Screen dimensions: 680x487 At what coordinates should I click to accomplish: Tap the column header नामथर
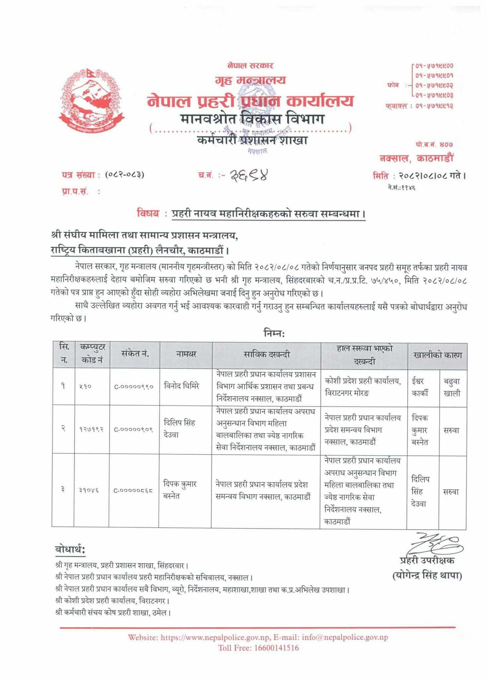pyautogui.click(x=186, y=354)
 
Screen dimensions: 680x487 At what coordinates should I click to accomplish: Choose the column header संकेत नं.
pyautogui.click(x=135, y=354)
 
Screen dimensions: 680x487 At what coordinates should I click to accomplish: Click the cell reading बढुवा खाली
pyautogui.click(x=452, y=387)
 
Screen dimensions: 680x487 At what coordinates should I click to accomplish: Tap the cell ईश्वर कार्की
pyautogui.click(x=420, y=387)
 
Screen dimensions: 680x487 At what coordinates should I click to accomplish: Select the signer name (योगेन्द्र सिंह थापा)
pyautogui.click(x=427, y=576)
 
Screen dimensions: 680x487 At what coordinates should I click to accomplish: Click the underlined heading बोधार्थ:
pyautogui.click(x=70, y=550)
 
